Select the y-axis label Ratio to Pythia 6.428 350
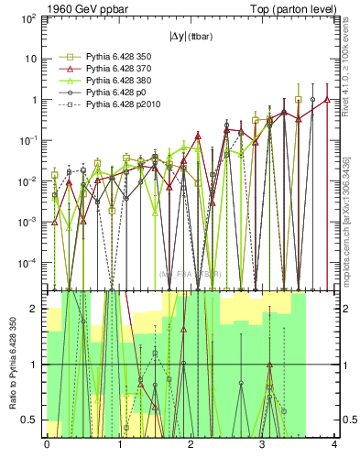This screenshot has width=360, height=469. (14, 364)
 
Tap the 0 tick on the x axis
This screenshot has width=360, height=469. (47, 445)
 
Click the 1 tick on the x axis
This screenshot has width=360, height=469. (118, 445)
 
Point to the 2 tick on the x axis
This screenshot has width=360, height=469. (190, 445)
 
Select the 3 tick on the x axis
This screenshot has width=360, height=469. (262, 445)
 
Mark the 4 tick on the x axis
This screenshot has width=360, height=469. (333, 445)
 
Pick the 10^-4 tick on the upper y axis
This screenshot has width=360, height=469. (27, 263)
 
